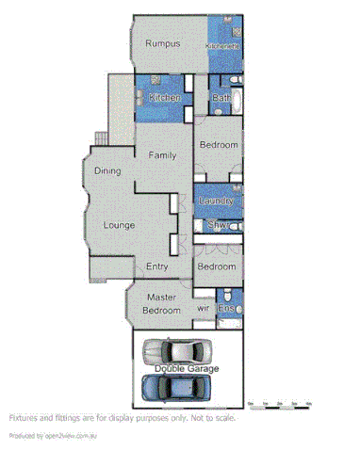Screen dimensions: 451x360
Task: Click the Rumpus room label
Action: pyautogui.click(x=162, y=43)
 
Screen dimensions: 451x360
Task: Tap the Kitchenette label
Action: pyautogui.click(x=224, y=45)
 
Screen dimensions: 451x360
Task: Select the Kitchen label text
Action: pyautogui.click(x=164, y=97)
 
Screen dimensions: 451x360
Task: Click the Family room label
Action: pyautogui.click(x=162, y=154)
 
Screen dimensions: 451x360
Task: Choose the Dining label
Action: pyautogui.click(x=108, y=170)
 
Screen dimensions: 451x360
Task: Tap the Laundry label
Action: pyautogui.click(x=218, y=201)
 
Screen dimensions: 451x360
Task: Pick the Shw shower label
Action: pyautogui.click(x=215, y=224)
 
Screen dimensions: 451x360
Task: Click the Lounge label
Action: pyautogui.click(x=119, y=225)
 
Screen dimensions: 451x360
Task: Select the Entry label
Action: pyautogui.click(x=157, y=267)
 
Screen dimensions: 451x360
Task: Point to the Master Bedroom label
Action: pyautogui.click(x=161, y=304)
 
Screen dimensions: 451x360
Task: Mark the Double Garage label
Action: pyautogui.click(x=187, y=368)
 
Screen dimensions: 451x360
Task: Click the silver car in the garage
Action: pyautogui.click(x=185, y=353)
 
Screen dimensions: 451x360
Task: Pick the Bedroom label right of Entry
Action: pyautogui.click(x=217, y=267)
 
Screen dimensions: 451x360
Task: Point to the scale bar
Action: pyautogui.click(x=279, y=404)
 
